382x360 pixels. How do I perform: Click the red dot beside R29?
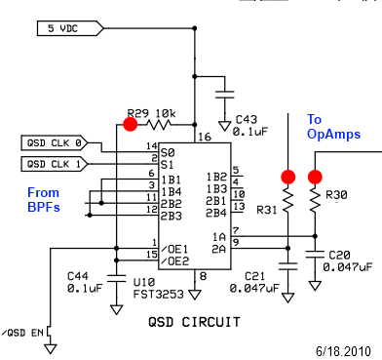pos(130,124)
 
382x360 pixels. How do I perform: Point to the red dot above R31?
pos(287,177)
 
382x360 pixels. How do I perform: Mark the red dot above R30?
pos(315,177)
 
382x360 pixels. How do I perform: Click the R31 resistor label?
pos(266,208)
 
